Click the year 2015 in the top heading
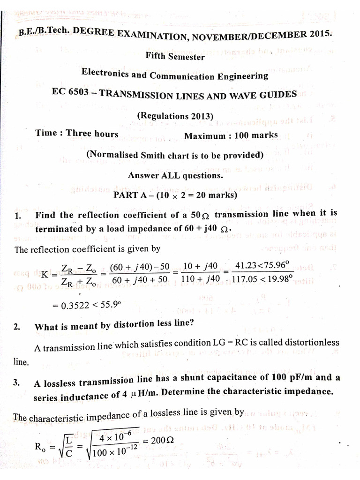pos(319,34)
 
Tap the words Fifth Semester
pos(175,57)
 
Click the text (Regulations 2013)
pos(175,116)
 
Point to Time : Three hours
pos(77,133)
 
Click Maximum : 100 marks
pos(231,135)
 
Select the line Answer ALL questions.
pos(175,176)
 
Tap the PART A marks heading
pos(175,195)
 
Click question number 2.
pos(17,327)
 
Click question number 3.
pos(16,382)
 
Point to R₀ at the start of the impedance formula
pos(41,446)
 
